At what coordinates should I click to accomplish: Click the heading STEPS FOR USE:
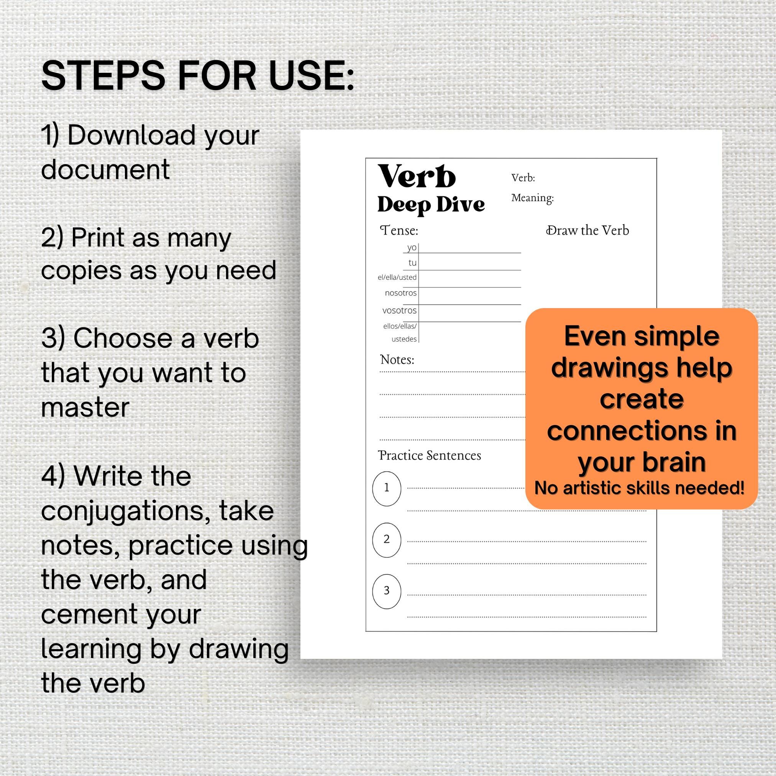tap(198, 76)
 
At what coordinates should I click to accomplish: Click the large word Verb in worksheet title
tap(417, 177)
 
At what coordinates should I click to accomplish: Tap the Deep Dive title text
tap(431, 205)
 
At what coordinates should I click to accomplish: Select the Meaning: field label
tap(532, 198)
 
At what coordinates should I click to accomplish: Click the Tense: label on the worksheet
tap(399, 231)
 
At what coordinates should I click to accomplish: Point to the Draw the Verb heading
tap(587, 231)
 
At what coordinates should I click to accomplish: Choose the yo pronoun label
tap(412, 248)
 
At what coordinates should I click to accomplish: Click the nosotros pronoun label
tap(400, 293)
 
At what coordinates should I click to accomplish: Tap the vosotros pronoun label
tap(399, 310)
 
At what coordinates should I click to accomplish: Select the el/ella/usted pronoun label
tap(397, 277)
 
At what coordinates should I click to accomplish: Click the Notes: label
tap(397, 359)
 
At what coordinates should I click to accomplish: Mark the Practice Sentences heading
tap(429, 456)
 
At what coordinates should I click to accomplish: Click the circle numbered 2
tap(386, 539)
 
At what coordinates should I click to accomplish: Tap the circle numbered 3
tap(386, 591)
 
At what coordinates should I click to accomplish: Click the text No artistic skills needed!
tap(640, 488)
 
